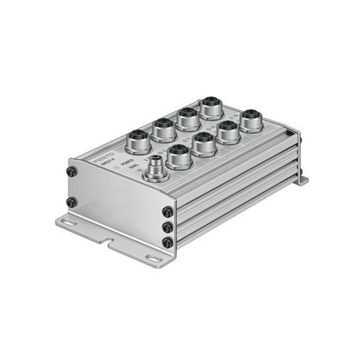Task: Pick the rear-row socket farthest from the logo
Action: tap(212, 108)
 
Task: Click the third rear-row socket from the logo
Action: tap(188, 117)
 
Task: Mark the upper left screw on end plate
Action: tap(72, 172)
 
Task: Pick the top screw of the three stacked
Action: tap(168, 212)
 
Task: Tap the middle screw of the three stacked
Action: tap(168, 227)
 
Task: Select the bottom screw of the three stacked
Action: tap(168, 243)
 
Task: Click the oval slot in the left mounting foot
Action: tap(66, 223)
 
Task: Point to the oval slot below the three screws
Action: tap(153, 257)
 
